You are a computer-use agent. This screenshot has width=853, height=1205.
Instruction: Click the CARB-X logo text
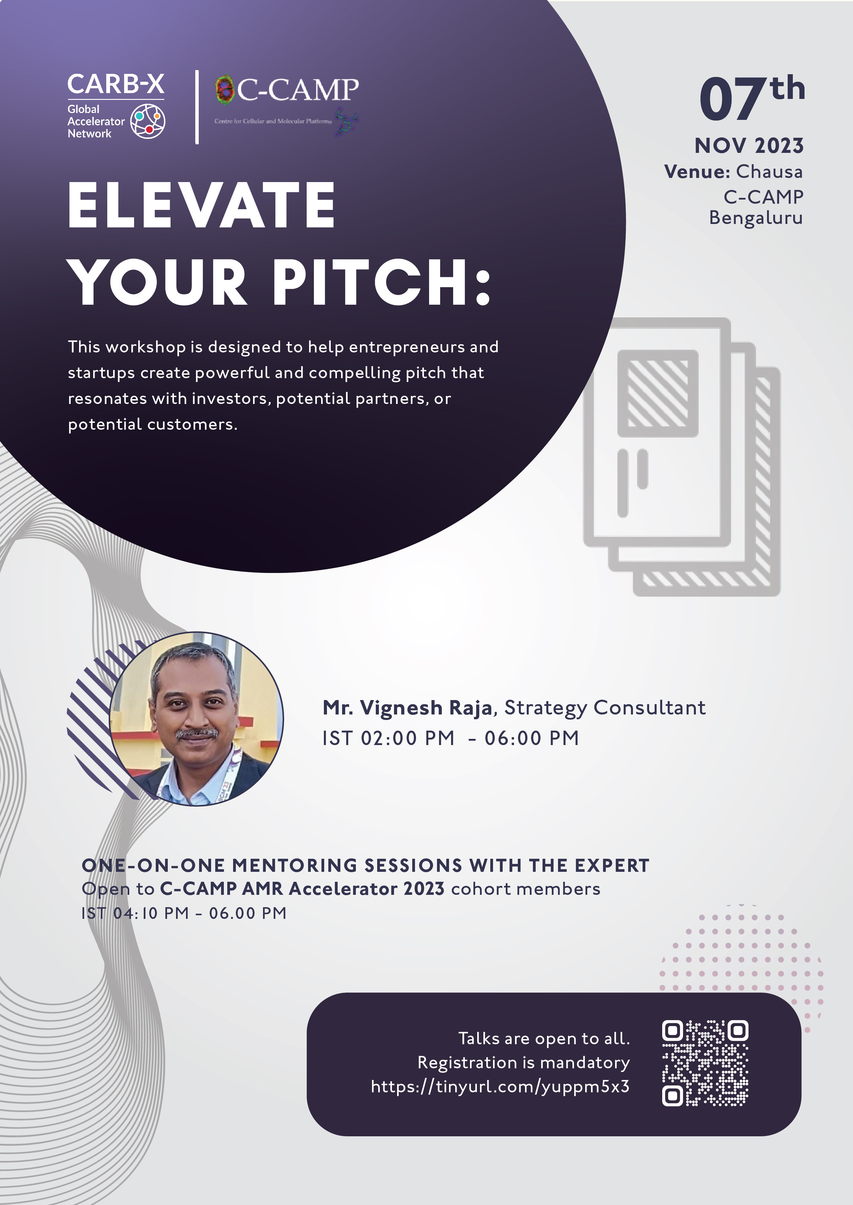pyautogui.click(x=116, y=85)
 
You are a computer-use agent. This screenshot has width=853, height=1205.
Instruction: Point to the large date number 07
pyautogui.click(x=733, y=99)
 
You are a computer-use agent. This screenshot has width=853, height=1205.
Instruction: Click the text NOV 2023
pyautogui.click(x=749, y=146)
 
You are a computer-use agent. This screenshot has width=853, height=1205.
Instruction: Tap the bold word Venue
pyautogui.click(x=697, y=172)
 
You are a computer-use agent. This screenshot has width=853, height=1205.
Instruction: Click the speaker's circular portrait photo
pyautogui.click(x=196, y=719)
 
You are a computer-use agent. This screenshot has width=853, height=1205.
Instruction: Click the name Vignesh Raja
pyautogui.click(x=426, y=708)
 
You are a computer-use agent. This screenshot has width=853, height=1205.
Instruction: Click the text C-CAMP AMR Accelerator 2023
pyautogui.click(x=302, y=889)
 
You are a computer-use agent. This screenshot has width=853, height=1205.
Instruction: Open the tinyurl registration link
pyautogui.click(x=500, y=1086)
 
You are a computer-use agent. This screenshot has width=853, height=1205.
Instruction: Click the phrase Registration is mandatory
pyautogui.click(x=524, y=1063)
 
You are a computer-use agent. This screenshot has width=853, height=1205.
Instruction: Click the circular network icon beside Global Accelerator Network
pyautogui.click(x=147, y=121)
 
